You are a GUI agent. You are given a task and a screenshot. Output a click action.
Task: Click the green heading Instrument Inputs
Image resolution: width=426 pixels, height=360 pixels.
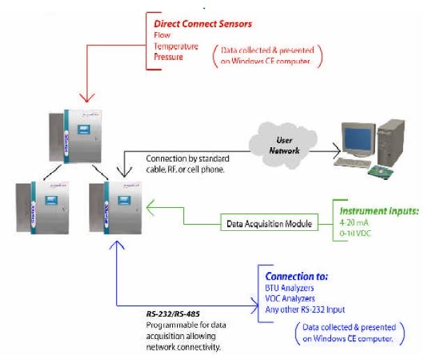(x=379, y=210)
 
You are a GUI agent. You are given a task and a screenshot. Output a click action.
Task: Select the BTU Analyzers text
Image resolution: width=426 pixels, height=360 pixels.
(x=287, y=288)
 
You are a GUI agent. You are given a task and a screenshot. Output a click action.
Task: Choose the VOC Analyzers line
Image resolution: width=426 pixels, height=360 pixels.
(x=288, y=299)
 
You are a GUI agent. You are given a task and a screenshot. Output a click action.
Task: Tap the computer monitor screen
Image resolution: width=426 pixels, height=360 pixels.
(x=356, y=136)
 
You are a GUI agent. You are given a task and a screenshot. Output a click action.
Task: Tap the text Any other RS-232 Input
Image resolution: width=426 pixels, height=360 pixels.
(x=304, y=309)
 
